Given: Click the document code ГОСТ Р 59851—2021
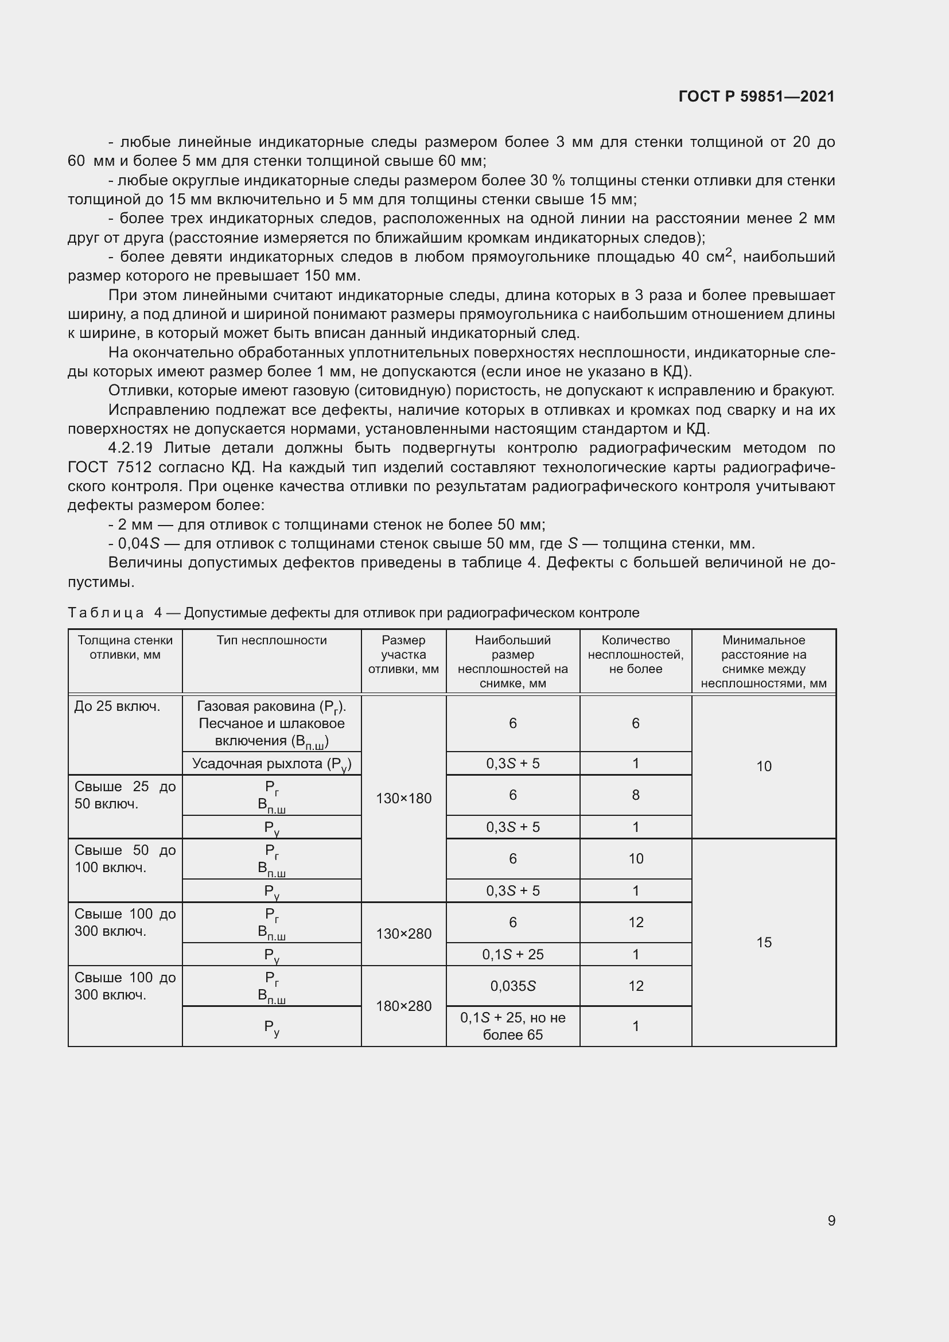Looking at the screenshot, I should tap(756, 96).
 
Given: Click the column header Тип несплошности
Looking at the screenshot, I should tap(271, 640).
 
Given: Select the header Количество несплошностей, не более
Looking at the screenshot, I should tap(635, 654).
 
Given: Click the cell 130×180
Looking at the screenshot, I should tap(403, 799).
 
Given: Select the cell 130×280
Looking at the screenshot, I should tap(403, 933).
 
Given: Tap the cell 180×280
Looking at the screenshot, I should tap(403, 1006).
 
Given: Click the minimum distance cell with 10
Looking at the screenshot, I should tap(764, 767).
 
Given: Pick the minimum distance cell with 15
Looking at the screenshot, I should tap(764, 942).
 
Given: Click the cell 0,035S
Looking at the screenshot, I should tap(512, 986).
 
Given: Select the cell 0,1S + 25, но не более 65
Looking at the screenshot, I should tap(512, 1026).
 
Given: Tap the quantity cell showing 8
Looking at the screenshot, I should tap(635, 795).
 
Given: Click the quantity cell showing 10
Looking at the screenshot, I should tap(635, 859).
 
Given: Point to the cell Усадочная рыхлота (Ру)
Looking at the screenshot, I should tap(271, 764).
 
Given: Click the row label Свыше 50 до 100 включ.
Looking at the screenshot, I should tap(125, 859).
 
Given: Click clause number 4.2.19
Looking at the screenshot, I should tap(130, 448).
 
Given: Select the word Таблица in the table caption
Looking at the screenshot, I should tap(105, 613).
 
